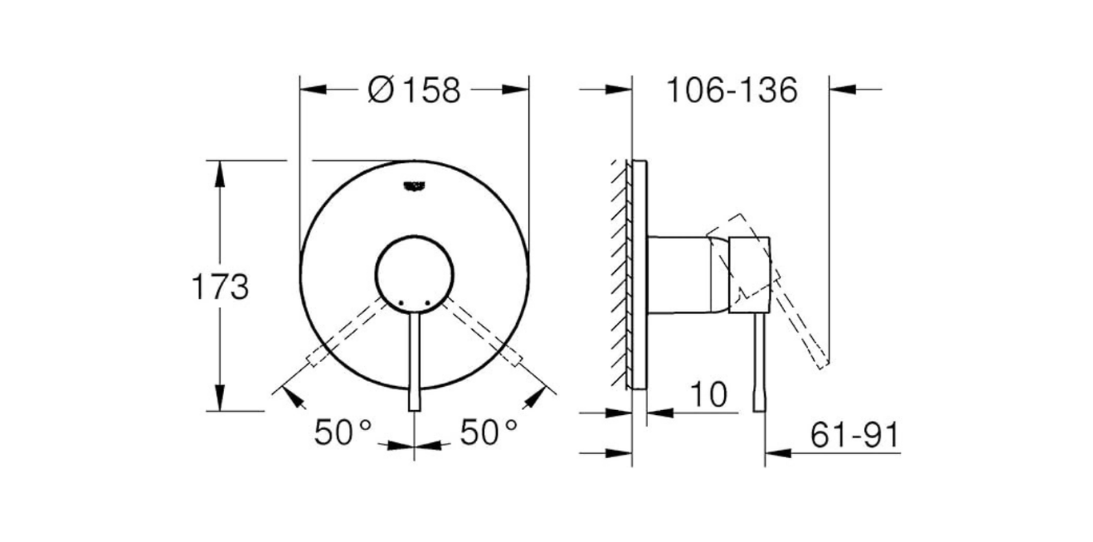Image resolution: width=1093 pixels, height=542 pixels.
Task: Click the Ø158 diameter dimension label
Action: [x=414, y=90]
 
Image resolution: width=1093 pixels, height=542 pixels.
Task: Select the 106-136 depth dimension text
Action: [x=732, y=90]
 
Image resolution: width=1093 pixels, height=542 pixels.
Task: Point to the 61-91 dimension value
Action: [x=855, y=436]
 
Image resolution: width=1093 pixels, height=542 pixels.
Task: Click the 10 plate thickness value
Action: [x=708, y=394]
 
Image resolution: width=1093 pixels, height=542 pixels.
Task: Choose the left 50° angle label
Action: [x=343, y=432]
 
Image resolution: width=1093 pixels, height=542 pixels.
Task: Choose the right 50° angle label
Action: [x=489, y=432]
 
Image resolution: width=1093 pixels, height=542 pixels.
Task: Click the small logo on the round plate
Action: [x=414, y=185]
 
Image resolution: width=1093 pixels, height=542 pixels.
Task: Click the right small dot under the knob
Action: [x=429, y=302]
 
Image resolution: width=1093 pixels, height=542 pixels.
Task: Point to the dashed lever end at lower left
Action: [x=314, y=358]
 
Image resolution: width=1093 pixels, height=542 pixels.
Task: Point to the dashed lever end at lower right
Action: [x=514, y=358]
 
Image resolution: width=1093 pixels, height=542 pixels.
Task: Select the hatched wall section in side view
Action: [x=619, y=272]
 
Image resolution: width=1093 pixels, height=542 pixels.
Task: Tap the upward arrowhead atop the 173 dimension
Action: [x=218, y=172]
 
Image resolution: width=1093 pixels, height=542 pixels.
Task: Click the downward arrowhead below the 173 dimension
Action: [x=218, y=400]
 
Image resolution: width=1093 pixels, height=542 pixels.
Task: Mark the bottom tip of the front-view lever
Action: [x=414, y=408]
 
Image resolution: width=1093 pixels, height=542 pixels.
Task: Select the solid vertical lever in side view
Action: [x=759, y=360]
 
